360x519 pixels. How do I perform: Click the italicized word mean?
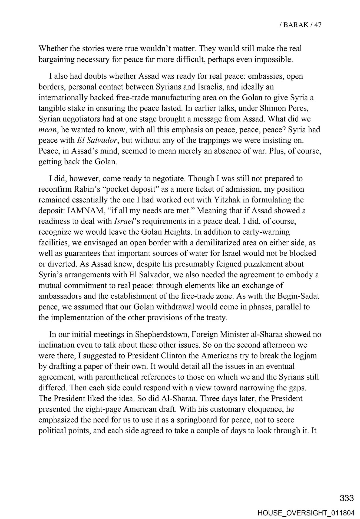pos(48,130)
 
